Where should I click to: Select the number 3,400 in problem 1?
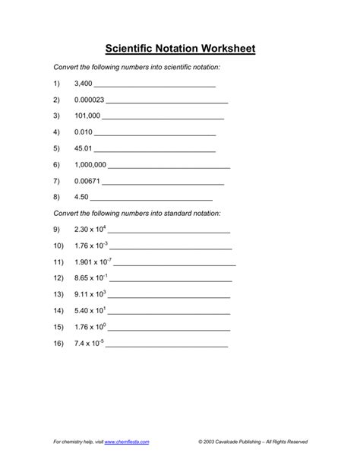84,84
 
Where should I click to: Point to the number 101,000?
87,116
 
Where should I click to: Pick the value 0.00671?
87,182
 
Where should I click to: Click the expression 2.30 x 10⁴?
91,229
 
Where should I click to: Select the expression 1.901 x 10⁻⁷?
93,262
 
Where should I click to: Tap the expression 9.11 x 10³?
90,294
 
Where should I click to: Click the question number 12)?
57,278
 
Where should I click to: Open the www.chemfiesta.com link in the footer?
127,441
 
